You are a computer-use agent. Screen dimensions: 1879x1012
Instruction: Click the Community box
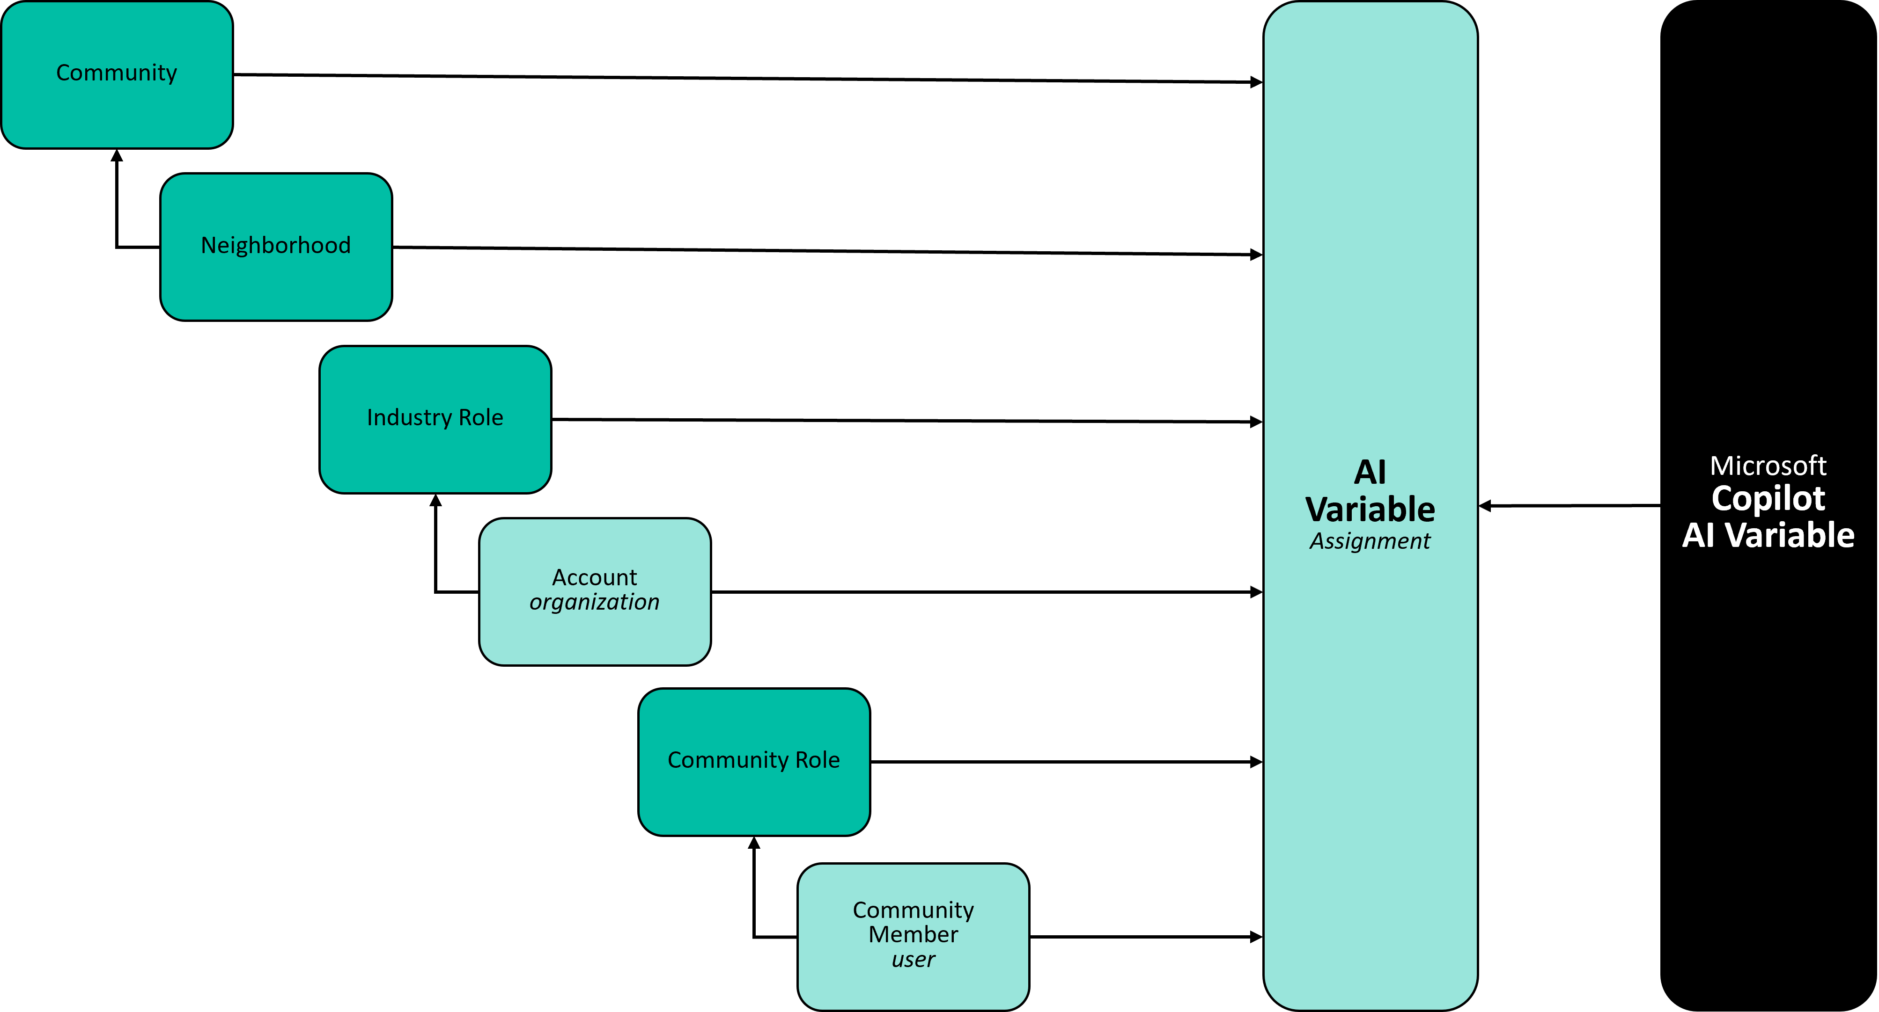pyautogui.click(x=117, y=74)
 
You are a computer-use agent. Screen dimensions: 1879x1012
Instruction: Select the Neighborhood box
pyautogui.click(x=276, y=247)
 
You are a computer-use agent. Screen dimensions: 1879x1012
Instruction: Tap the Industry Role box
pyautogui.click(x=435, y=419)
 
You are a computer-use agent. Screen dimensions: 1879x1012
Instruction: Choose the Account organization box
pyautogui.click(x=595, y=592)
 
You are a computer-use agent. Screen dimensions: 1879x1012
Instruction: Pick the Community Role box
pyautogui.click(x=754, y=762)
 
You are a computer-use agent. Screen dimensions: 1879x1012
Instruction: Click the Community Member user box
pyautogui.click(x=913, y=937)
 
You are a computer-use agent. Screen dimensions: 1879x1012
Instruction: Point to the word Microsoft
pyautogui.click(x=1768, y=466)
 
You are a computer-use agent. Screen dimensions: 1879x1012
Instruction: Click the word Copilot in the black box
pyautogui.click(x=1768, y=499)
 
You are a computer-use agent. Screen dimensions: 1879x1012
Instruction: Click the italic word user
pyautogui.click(x=913, y=960)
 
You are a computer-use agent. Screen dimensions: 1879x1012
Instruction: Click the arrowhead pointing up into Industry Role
pyautogui.click(x=435, y=500)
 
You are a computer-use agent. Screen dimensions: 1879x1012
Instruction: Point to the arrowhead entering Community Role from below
pyautogui.click(x=754, y=842)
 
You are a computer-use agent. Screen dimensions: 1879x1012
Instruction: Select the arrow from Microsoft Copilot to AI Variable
pyautogui.click(x=1570, y=505)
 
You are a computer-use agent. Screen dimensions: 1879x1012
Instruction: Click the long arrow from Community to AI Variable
pyautogui.click(x=748, y=78)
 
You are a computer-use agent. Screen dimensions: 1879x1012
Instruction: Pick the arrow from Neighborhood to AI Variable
pyautogui.click(x=828, y=251)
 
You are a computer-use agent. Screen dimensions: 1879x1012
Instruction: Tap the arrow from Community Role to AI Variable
pyautogui.click(x=1067, y=762)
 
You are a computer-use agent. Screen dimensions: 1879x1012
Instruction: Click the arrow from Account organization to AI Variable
pyautogui.click(x=987, y=592)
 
